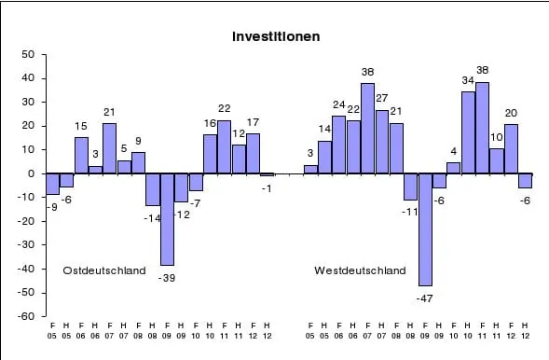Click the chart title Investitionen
pyautogui.click(x=276, y=37)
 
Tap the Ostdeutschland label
pyautogui.click(x=104, y=270)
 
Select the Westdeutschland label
pyautogui.click(x=360, y=270)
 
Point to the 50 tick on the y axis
pyautogui.click(x=28, y=54)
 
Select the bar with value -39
pyautogui.click(x=167, y=219)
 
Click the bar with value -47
pyautogui.click(x=425, y=229)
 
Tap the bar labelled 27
pyautogui.click(x=382, y=142)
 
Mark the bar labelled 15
pyautogui.click(x=81, y=156)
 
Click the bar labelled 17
pyautogui.click(x=253, y=154)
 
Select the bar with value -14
pyautogui.click(x=153, y=189)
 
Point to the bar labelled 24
pyautogui.click(x=339, y=145)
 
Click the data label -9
pyautogui.click(x=53, y=206)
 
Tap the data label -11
pyautogui.click(x=410, y=212)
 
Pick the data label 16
pyautogui.click(x=210, y=123)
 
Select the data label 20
pyautogui.click(x=511, y=113)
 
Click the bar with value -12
pyautogui.click(x=181, y=187)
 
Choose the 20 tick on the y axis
pyautogui.click(x=28, y=126)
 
